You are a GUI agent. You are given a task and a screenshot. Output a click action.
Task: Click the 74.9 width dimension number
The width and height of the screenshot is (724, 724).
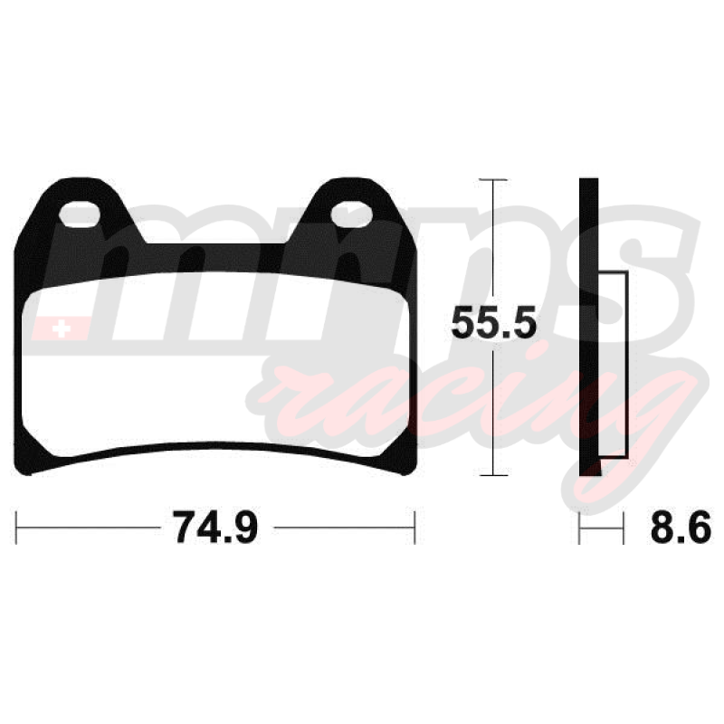coord(215,528)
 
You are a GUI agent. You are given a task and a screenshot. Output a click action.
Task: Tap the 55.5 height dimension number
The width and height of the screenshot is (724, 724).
coord(493,322)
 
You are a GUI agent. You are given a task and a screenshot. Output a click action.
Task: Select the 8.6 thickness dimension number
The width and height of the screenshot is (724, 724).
coord(681,528)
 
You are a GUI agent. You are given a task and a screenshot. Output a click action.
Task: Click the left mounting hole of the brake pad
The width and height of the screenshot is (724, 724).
coord(80,214)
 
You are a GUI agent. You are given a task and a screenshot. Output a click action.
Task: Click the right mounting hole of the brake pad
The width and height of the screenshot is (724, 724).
coord(351,214)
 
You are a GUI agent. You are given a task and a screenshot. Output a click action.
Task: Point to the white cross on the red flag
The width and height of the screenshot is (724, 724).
coord(62,329)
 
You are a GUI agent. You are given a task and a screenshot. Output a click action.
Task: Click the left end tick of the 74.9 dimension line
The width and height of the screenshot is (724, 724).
coord(16,528)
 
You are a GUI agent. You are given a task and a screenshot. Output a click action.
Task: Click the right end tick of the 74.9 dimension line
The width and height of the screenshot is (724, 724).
coord(414,528)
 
